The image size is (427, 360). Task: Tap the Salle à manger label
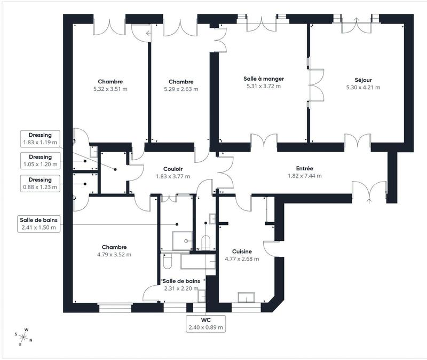point(264,78)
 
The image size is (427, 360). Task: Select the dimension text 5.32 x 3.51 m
point(110,89)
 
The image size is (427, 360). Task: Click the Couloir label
point(173,169)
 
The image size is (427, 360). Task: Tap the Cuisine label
point(242,251)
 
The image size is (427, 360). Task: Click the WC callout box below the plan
point(205,323)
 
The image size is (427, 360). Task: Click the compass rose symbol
point(24,337)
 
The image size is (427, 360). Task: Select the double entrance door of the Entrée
point(369,191)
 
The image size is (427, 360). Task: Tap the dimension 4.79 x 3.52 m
point(114,255)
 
